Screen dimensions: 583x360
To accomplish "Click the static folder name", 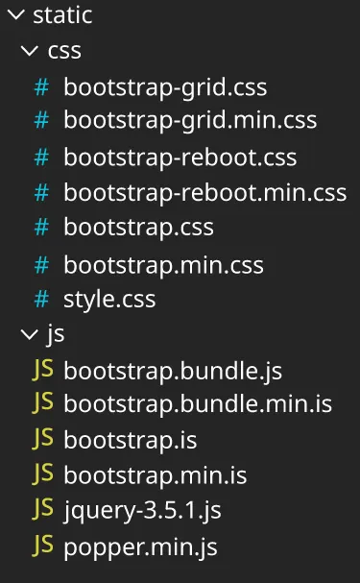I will click(x=62, y=15).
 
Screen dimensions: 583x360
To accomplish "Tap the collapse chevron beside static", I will click(x=15, y=15).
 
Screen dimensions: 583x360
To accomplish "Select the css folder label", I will click(x=64, y=51).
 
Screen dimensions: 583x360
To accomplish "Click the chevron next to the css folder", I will click(x=29, y=51).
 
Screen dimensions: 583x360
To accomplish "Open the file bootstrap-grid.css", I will click(x=165, y=87).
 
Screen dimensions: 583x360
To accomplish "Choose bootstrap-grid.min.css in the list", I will click(x=190, y=121).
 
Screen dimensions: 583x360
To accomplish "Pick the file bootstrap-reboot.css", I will click(x=180, y=158).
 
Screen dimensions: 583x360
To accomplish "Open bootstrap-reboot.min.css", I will click(x=205, y=192).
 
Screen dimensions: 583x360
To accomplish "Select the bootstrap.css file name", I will click(x=138, y=228).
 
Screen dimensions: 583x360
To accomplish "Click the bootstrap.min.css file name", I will click(x=163, y=264).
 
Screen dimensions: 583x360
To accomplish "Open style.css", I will click(x=109, y=299).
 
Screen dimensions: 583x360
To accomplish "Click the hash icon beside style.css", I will click(x=41, y=299).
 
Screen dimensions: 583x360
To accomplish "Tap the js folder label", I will click(x=56, y=334).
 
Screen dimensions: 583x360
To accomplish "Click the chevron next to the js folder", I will click(x=29, y=334).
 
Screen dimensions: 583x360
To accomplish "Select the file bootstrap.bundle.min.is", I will click(x=198, y=404).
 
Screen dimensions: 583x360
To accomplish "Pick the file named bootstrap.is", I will click(x=131, y=440).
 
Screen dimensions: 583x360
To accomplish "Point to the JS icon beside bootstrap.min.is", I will click(x=43, y=474).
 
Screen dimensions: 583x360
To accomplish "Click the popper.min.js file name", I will click(x=140, y=547).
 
